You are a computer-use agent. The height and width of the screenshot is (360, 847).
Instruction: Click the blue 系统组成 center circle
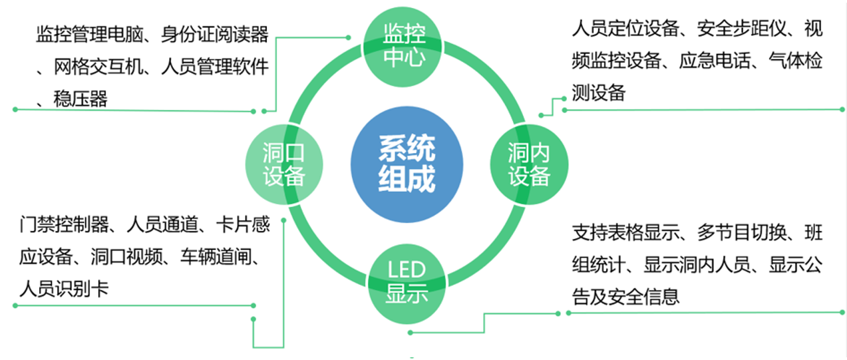coord(406,164)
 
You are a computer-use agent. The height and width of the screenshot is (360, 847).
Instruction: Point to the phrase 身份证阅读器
coord(214,34)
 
